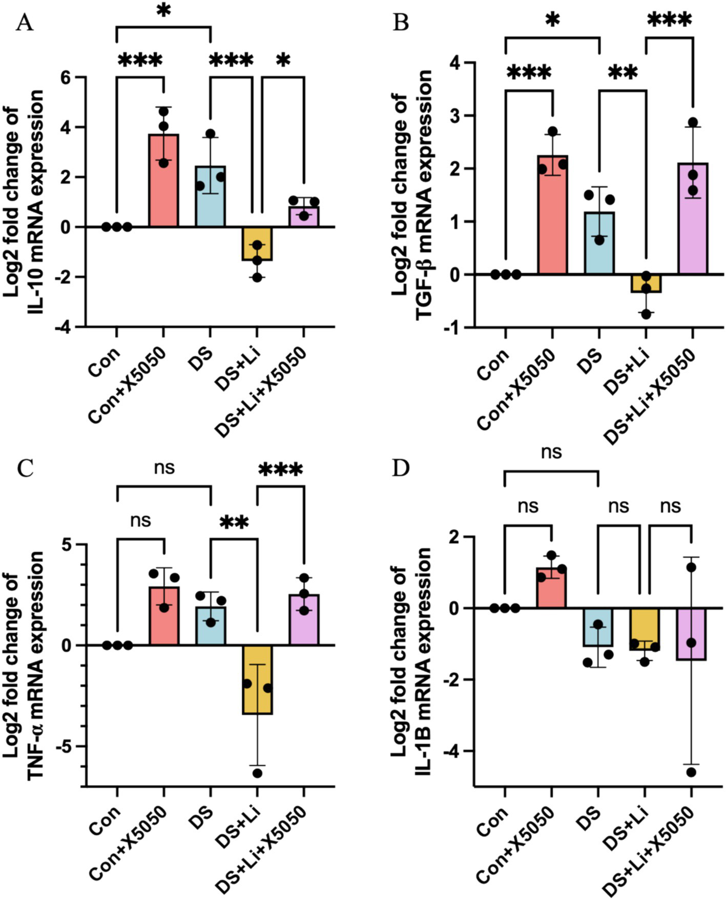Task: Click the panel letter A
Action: [24, 23]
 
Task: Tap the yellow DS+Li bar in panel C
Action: [257, 679]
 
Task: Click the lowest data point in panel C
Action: [257, 773]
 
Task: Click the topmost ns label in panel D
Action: [551, 452]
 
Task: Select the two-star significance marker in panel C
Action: [234, 523]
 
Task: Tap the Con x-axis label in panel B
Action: [493, 364]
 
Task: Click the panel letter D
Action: [400, 468]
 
